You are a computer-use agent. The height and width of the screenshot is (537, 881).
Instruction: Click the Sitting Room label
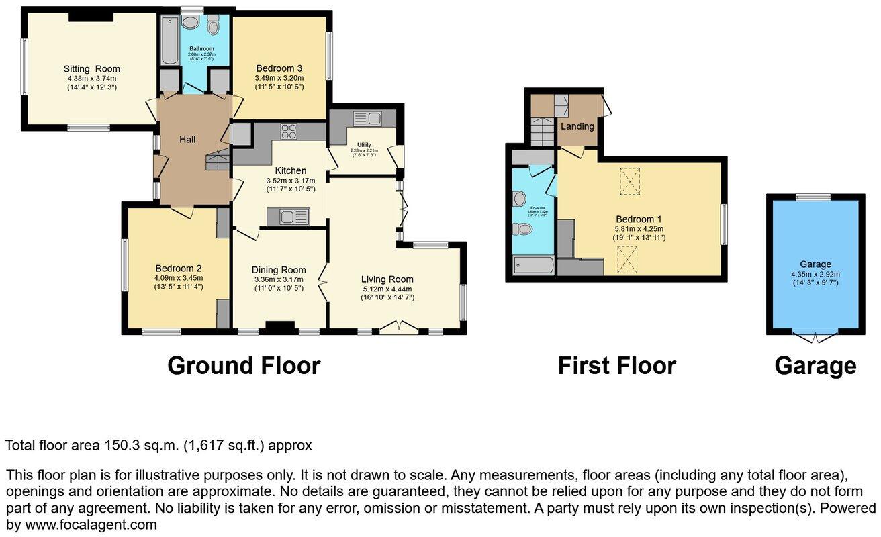92,68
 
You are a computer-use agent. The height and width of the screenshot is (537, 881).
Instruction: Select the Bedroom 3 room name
279,68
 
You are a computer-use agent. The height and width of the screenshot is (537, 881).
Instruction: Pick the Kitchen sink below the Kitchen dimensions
289,217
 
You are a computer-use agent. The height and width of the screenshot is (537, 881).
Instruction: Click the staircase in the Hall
218,160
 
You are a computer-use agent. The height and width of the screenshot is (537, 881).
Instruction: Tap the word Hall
187,139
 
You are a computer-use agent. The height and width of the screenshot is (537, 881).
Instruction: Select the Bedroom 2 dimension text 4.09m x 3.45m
178,277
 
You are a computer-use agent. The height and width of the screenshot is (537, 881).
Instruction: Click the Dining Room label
279,269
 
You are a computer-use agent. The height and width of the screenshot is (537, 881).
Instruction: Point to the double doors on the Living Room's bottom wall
398,327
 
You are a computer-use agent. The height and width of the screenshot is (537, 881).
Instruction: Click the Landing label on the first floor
577,126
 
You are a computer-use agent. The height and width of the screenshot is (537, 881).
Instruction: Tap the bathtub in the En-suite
534,266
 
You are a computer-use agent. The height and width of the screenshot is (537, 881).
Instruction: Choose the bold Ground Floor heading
244,366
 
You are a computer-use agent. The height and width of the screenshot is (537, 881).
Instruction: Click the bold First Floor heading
616,366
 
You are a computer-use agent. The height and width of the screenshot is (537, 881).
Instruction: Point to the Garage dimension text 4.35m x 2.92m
815,274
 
